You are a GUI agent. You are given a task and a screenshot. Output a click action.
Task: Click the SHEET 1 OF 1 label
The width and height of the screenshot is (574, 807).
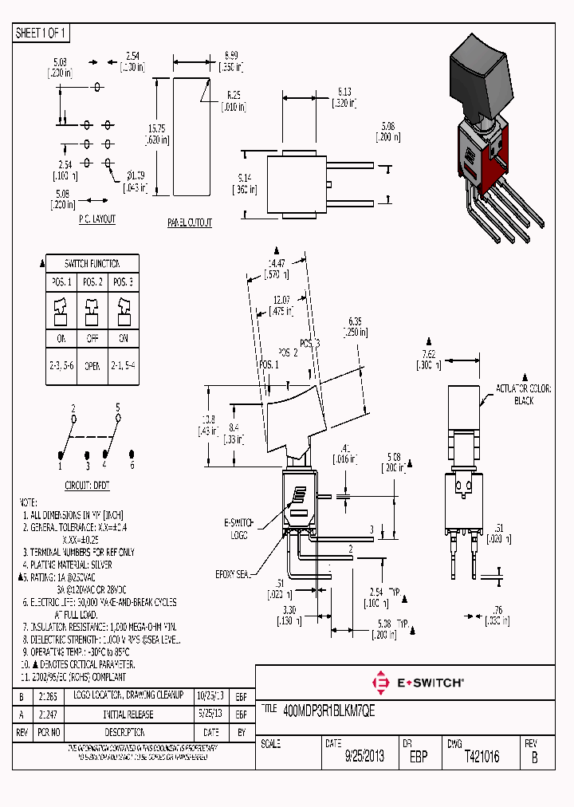(x=41, y=33)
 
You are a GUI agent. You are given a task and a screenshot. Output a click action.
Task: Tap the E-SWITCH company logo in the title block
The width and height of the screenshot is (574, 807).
(x=418, y=683)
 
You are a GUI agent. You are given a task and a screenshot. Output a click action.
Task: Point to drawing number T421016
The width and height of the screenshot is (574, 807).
(x=482, y=757)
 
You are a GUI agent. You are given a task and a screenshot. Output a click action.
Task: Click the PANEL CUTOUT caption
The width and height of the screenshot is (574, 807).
(x=190, y=223)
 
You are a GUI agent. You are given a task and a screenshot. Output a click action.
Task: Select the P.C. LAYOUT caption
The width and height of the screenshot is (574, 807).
(x=96, y=219)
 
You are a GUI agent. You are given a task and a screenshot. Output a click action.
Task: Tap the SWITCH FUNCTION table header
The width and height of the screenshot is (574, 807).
(x=92, y=263)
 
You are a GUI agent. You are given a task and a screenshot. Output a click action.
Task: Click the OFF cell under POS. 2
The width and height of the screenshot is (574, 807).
(x=92, y=337)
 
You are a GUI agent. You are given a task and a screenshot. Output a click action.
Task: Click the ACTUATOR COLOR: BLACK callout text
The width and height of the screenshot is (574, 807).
(x=524, y=395)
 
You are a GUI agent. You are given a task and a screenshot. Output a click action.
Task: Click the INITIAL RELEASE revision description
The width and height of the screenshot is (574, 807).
(x=128, y=715)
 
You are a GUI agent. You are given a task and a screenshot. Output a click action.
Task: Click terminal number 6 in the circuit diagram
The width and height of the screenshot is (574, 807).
(x=132, y=465)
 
